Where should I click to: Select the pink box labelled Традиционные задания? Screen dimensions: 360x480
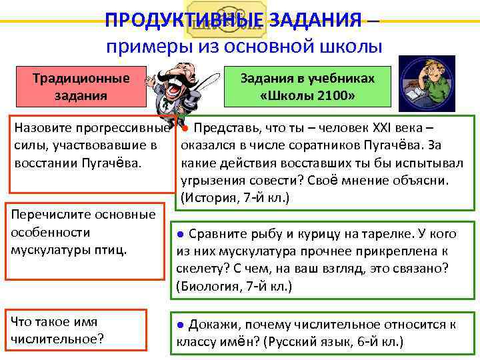81,86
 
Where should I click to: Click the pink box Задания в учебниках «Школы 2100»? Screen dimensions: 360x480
307,86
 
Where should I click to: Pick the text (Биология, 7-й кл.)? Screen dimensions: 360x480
235,286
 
